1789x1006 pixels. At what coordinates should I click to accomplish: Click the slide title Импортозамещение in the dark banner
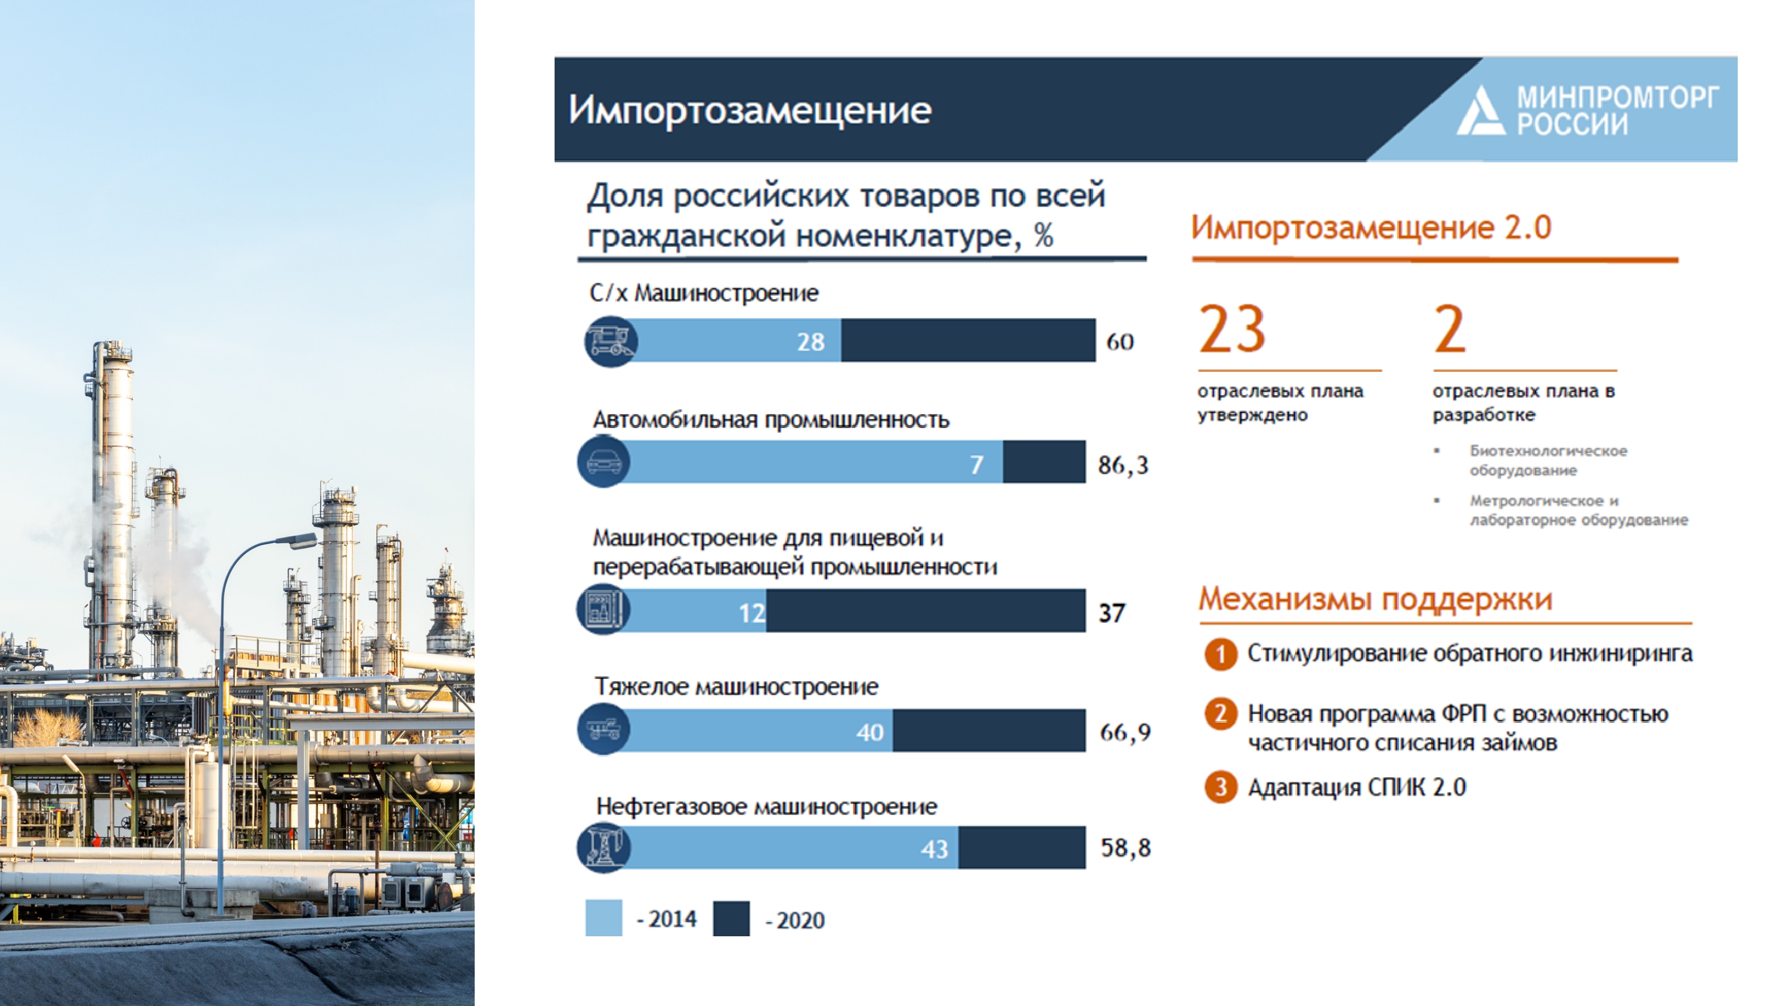coord(750,110)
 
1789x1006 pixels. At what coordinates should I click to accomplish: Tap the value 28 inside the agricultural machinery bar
coord(810,341)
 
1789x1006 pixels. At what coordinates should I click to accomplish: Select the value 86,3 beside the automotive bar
coord(1123,464)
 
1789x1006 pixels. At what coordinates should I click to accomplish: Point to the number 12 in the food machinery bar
coord(752,612)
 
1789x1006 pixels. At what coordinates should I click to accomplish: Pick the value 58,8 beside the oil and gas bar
coord(1126,847)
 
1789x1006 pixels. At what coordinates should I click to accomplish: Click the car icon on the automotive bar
coord(603,461)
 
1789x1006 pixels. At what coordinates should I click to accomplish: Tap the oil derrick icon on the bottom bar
coord(603,847)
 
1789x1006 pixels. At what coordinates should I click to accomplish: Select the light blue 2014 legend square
coord(603,918)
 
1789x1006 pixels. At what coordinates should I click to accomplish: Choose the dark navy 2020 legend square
coord(731,918)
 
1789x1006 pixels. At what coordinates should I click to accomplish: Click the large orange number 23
coord(1232,329)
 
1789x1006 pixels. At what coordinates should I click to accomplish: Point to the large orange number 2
coord(1450,329)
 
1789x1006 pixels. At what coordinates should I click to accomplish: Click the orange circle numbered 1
coord(1221,654)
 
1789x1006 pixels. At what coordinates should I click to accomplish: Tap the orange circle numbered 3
coord(1221,787)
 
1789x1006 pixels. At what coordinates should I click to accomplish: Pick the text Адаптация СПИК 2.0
coord(1357,788)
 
